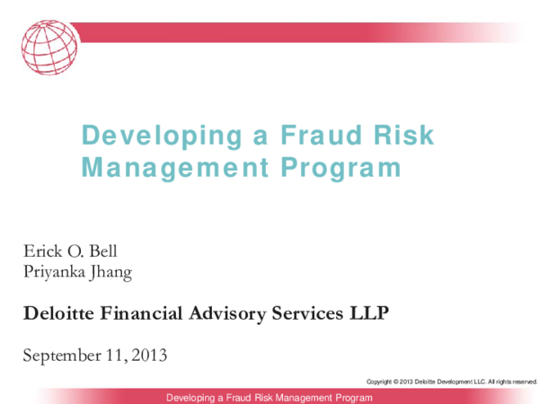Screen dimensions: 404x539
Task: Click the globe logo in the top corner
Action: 49,48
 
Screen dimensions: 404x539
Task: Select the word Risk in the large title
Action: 403,136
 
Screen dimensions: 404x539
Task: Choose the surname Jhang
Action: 112,272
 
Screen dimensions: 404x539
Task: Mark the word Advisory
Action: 229,313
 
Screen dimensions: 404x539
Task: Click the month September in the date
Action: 62,356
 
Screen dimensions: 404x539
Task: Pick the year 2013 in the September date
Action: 148,356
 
